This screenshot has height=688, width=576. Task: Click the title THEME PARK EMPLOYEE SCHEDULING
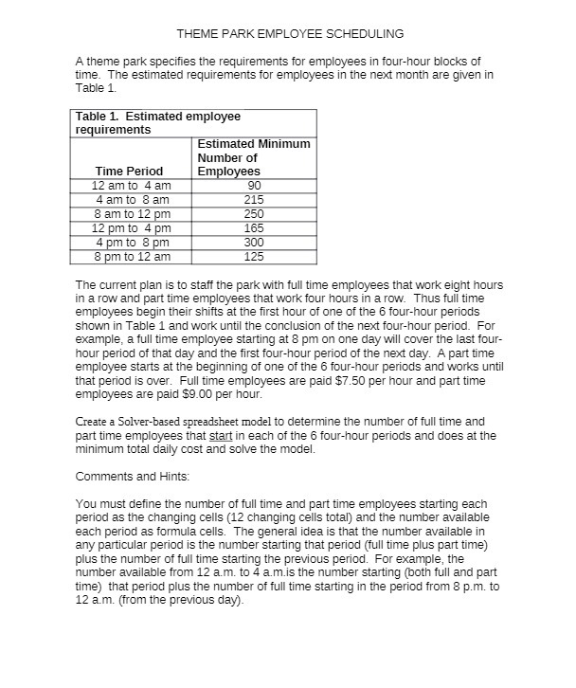290,33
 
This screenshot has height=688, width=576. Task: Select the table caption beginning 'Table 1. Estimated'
158,122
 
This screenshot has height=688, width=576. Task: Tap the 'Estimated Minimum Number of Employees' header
253,157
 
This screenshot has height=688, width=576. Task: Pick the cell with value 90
253,186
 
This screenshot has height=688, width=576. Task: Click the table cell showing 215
253,200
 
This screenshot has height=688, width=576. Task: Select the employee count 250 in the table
253,214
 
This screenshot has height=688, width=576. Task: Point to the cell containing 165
253,228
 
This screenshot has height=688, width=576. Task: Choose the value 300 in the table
253,243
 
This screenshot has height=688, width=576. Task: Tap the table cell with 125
253,257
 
